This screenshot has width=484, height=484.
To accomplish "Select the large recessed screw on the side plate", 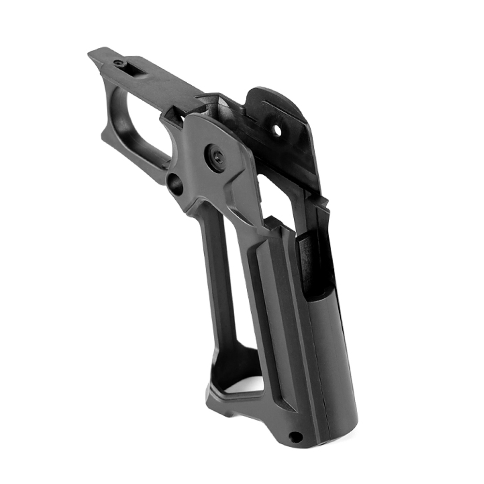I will coord(216,157).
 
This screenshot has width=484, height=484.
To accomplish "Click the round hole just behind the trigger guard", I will coord(175,184).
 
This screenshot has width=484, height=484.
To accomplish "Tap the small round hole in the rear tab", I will coord(277,130).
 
